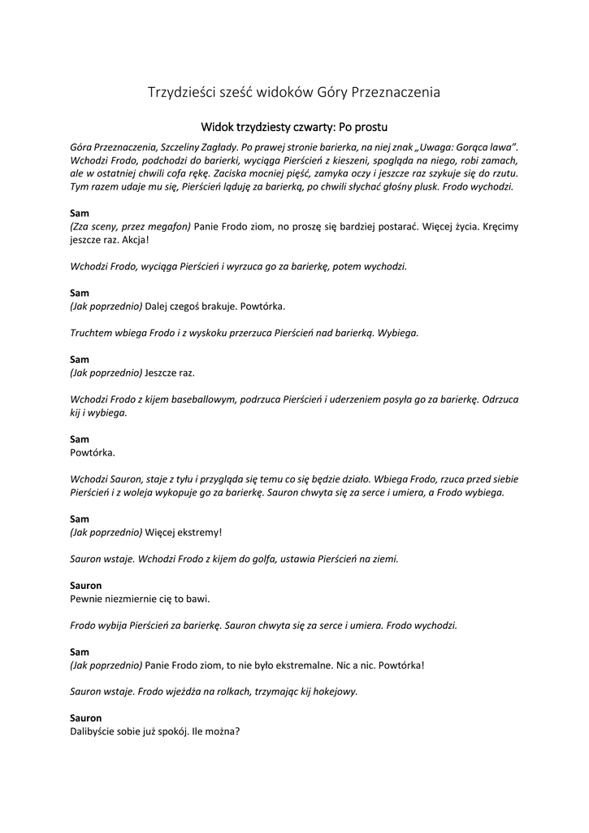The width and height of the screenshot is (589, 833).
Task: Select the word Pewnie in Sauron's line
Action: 87,599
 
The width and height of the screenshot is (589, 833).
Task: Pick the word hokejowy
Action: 334,691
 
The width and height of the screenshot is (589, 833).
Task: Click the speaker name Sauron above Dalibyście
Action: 86,718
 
